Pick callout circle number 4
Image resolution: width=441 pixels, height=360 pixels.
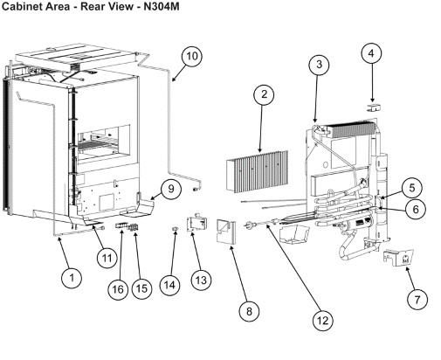tap(370, 55)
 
